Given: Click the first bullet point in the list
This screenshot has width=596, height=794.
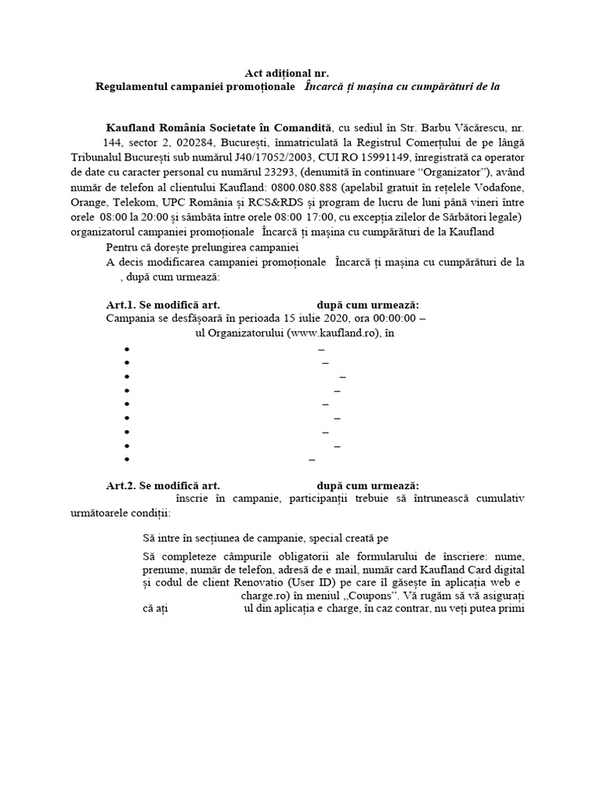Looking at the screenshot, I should tap(126, 350).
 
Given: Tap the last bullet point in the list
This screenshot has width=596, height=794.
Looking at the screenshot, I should tap(126, 460).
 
